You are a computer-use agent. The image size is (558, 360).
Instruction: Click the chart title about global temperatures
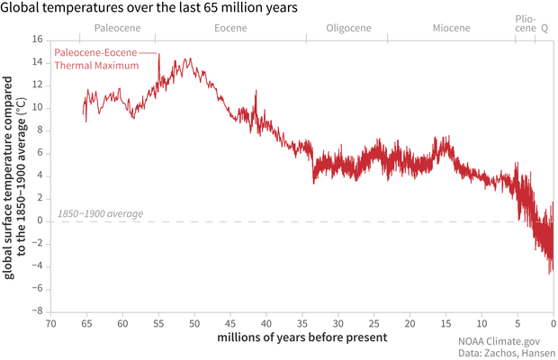pyautogui.click(x=148, y=8)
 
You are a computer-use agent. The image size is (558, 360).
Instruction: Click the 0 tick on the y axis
pyautogui.click(x=40, y=220)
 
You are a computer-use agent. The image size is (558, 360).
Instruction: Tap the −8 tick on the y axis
pyautogui.click(x=37, y=310)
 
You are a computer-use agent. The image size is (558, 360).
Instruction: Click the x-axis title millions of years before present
pyautogui.click(x=301, y=337)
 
